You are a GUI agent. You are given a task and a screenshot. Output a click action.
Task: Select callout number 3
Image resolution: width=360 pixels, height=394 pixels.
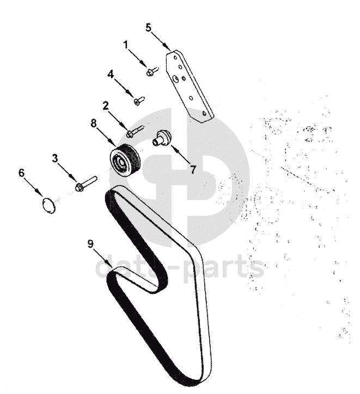(55, 158)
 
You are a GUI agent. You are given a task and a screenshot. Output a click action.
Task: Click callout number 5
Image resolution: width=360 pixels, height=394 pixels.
(149, 27)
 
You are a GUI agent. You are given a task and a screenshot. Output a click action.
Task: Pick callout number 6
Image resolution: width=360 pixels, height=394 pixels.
(22, 173)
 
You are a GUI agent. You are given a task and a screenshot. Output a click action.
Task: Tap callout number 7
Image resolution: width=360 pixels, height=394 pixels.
(192, 169)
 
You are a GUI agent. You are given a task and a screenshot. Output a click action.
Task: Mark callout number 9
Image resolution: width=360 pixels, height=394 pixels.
(91, 244)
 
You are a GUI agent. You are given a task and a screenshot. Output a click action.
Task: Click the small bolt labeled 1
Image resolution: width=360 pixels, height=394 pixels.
(152, 71)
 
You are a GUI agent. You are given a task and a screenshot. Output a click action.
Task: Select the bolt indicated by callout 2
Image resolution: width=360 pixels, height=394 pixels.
(134, 131)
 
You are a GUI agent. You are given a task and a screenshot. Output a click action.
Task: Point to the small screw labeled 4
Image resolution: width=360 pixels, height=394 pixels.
(139, 100)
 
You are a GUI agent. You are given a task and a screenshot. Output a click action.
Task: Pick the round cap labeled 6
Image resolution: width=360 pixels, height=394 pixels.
(49, 206)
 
